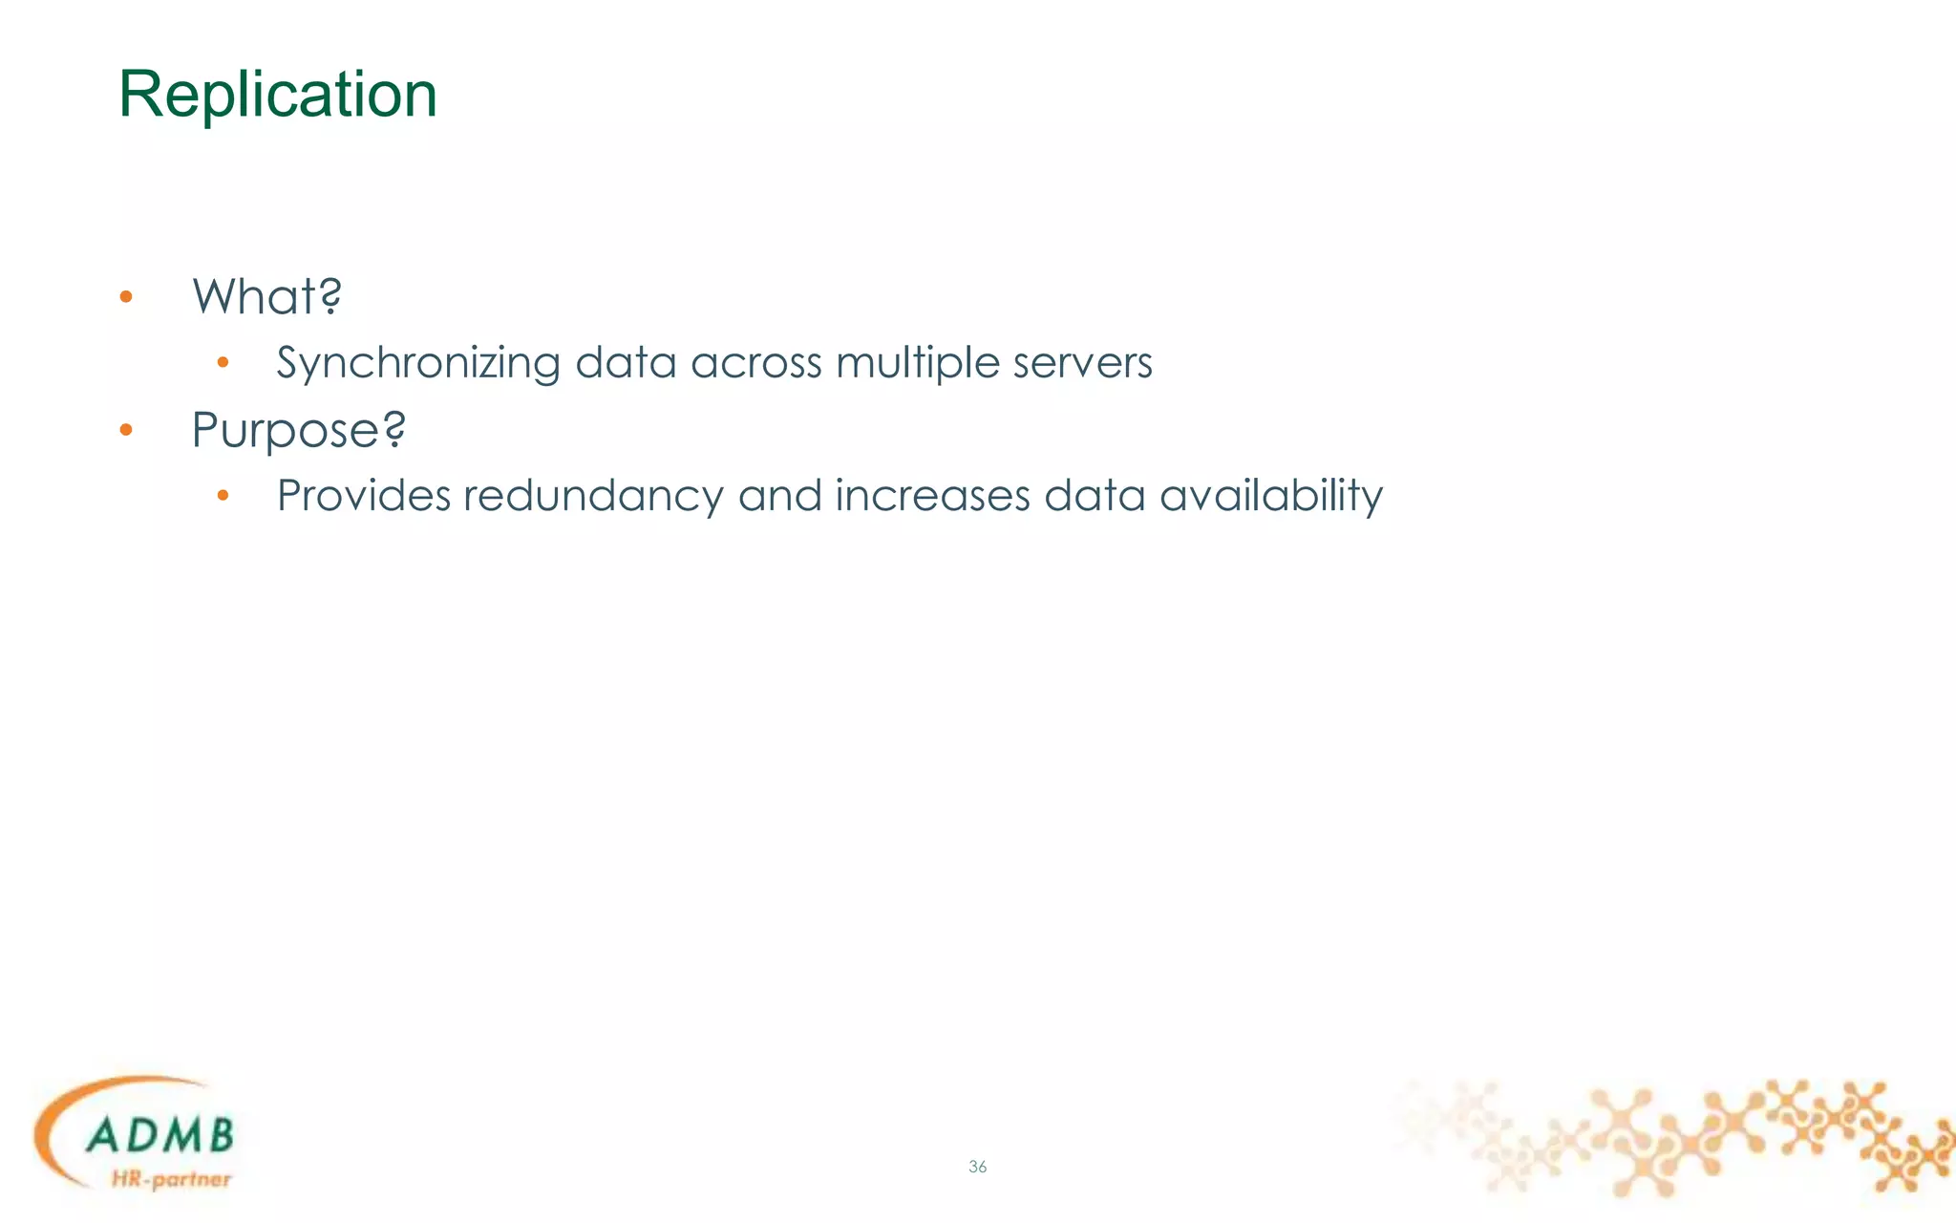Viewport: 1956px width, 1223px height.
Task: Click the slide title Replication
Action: [x=277, y=95]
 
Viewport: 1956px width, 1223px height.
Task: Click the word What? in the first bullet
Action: [x=266, y=296]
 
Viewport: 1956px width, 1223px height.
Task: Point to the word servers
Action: [x=1082, y=363]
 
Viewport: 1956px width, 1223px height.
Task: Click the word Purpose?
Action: [x=298, y=430]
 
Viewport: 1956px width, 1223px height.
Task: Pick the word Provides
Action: [x=364, y=496]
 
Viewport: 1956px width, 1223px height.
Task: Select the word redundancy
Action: [x=594, y=497]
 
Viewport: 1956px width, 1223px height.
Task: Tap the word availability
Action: [x=1270, y=497]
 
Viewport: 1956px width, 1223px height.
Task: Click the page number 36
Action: [x=977, y=1167]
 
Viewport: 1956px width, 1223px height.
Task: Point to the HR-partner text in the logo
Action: [x=171, y=1179]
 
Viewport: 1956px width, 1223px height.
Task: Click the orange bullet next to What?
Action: [x=126, y=297]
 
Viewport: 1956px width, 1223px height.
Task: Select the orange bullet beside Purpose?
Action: [x=126, y=431]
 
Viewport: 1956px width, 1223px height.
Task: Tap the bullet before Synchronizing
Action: [x=223, y=362]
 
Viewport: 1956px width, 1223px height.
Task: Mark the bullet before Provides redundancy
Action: [x=223, y=495]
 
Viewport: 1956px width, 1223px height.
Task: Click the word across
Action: [x=755, y=363]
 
